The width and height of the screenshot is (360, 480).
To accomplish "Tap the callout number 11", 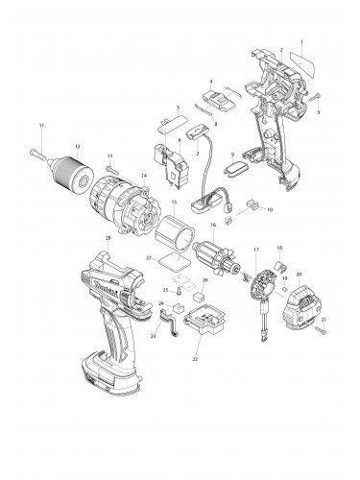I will tap(41, 126).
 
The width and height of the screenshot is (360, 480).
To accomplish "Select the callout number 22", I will tap(194, 359).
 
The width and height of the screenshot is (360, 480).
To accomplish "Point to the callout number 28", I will tap(108, 237).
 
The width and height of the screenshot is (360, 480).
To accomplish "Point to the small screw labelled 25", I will tap(177, 290).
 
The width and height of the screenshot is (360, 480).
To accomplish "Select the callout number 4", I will tap(211, 82).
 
